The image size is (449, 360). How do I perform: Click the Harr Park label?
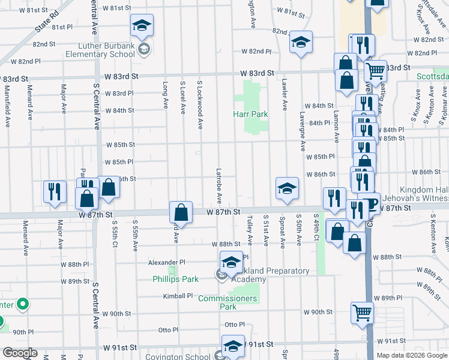click(251, 114)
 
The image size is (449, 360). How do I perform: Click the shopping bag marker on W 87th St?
click(181, 212)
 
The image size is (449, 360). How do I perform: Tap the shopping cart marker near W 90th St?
click(362, 312)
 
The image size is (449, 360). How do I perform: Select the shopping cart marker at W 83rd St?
click(375, 71)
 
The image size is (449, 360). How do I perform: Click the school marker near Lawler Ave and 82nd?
click(301, 43)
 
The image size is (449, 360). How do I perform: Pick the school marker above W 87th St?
click(287, 189)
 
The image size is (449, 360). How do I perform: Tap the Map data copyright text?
click(412, 355)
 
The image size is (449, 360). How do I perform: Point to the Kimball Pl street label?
click(178, 296)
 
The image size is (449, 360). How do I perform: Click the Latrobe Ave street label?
click(219, 185)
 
